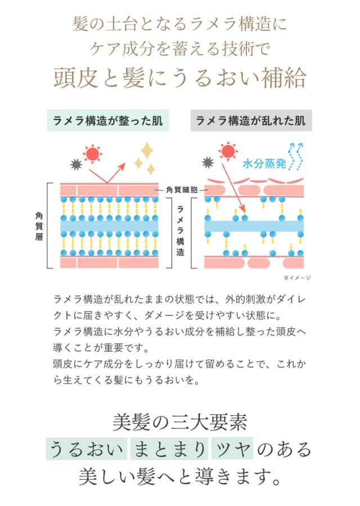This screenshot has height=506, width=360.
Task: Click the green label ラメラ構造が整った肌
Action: pos(108,120)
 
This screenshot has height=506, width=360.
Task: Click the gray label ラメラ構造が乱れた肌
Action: pos(250,120)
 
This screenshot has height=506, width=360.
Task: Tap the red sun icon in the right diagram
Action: pos(227,151)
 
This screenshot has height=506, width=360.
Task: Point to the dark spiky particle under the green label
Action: pos(75,164)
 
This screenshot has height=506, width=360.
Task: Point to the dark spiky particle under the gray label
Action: pos(208,163)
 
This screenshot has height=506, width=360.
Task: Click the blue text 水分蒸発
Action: pos(264,164)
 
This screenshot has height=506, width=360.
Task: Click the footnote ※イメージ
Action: pos(296,277)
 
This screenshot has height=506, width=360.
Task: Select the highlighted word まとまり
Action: pos(169,449)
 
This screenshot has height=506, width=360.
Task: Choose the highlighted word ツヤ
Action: pos(232,449)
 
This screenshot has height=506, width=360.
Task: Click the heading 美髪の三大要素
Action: pos(179,421)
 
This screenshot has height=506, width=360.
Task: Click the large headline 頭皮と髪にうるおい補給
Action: pos(179,77)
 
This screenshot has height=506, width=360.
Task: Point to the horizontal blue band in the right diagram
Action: pos(253,226)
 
